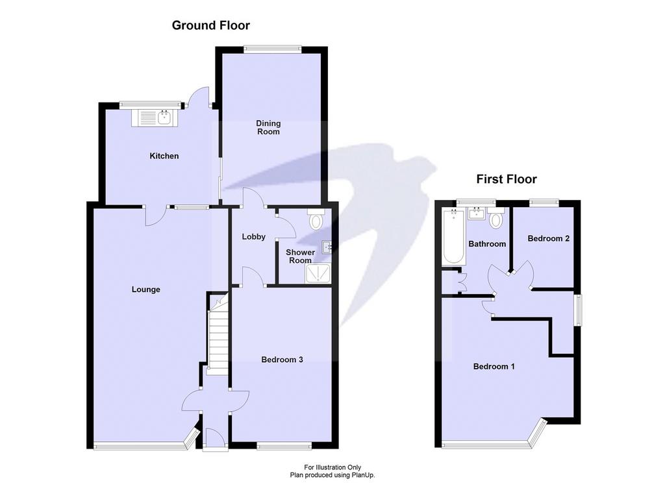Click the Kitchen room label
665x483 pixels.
pyautogui.click(x=164, y=156)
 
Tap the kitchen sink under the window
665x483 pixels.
pyautogui.click(x=152, y=118)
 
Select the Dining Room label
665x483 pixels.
pyautogui.click(x=268, y=127)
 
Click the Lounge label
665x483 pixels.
pyautogui.click(x=145, y=290)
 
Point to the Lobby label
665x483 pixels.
pyautogui.click(x=254, y=236)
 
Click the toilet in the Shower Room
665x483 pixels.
pyautogui.click(x=316, y=219)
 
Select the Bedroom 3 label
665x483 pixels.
pyautogui.click(x=282, y=360)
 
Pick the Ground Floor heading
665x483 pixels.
pyautogui.click(x=211, y=25)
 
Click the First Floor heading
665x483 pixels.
pyautogui.click(x=507, y=179)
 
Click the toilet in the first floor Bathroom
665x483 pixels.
pyautogui.click(x=496, y=217)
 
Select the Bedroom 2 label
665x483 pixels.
pyautogui.click(x=548, y=238)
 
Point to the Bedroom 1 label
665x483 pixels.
pyautogui.click(x=494, y=366)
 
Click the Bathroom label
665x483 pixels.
pyautogui.click(x=487, y=244)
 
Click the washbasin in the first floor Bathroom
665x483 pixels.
pyautogui.click(x=477, y=214)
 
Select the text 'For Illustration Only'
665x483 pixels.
pyautogui.click(x=332, y=467)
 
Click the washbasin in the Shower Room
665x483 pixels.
pyautogui.click(x=327, y=247)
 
